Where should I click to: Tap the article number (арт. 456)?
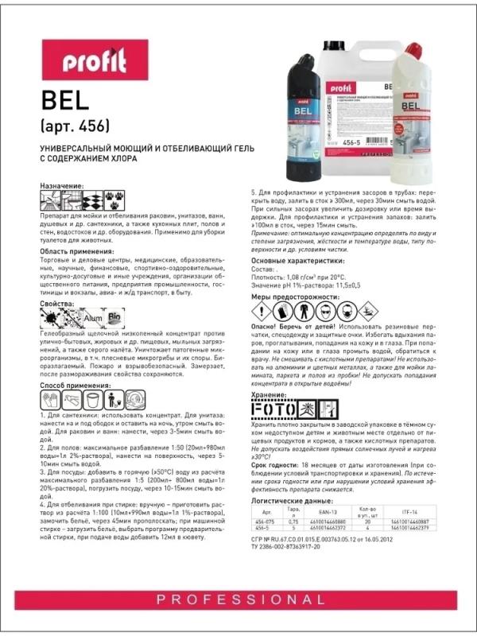[72, 127]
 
